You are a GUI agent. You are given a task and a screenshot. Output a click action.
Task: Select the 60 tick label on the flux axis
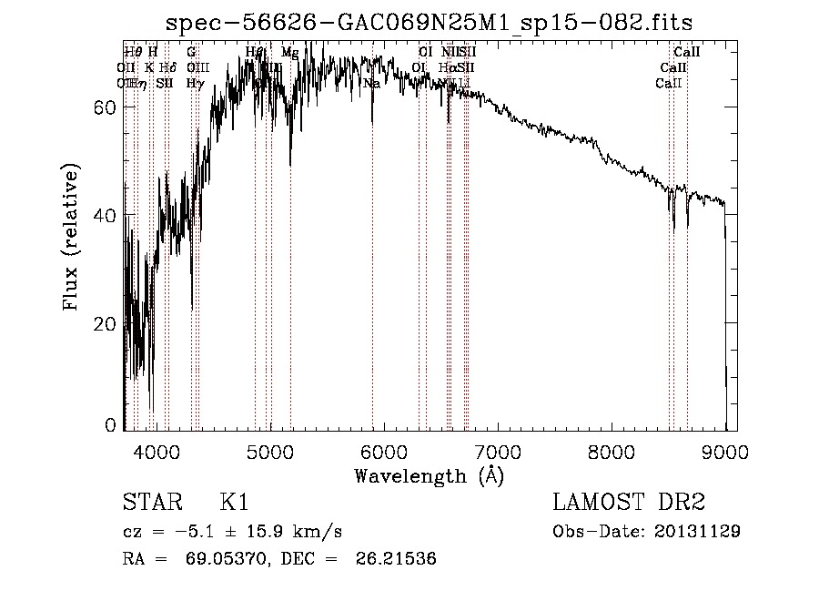tap(107, 107)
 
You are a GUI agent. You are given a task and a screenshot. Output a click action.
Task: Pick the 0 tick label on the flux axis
tap(112, 425)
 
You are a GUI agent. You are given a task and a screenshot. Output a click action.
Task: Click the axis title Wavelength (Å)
tap(428, 475)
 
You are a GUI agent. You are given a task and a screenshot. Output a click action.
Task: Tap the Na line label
tap(371, 84)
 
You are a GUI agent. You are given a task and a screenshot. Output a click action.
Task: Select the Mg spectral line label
tap(289, 53)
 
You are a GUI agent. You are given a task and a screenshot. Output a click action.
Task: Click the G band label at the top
tap(191, 53)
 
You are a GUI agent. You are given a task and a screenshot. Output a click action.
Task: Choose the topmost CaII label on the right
tap(686, 53)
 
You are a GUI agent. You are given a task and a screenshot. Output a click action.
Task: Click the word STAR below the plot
tap(150, 502)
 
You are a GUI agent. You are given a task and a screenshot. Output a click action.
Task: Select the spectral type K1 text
tap(234, 502)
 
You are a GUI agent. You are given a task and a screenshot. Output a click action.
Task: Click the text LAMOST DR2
tap(629, 502)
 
